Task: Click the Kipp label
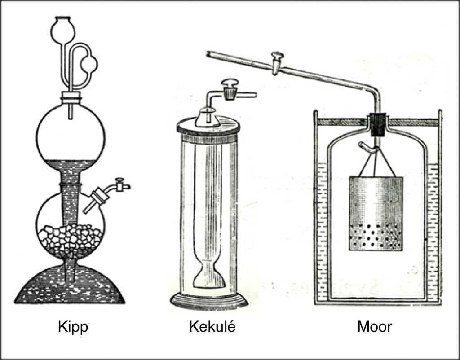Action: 73,327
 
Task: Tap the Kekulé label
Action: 212,327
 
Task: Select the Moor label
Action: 375,327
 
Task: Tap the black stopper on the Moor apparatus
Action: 377,125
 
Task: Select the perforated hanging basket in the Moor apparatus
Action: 376,213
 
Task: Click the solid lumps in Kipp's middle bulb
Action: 71,237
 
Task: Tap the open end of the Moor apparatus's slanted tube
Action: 208,54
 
